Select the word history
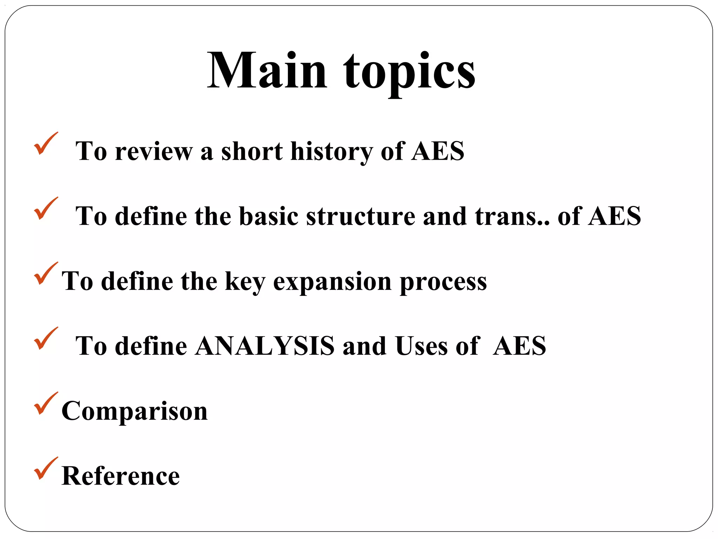tap(331, 152)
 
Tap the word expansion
tap(332, 281)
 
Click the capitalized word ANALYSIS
tap(265, 346)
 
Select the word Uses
tap(421, 346)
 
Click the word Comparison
tap(135, 411)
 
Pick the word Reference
tap(121, 476)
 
